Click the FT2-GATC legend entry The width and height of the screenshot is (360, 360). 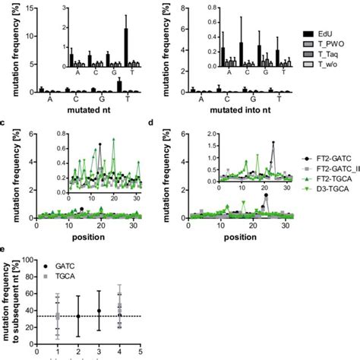pos(332,155)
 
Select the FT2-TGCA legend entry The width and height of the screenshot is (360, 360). pos(332,176)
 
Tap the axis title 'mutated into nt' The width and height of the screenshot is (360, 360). pos(240,109)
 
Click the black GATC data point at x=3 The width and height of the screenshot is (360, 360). pos(99,311)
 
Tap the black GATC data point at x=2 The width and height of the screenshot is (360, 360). pos(78,317)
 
